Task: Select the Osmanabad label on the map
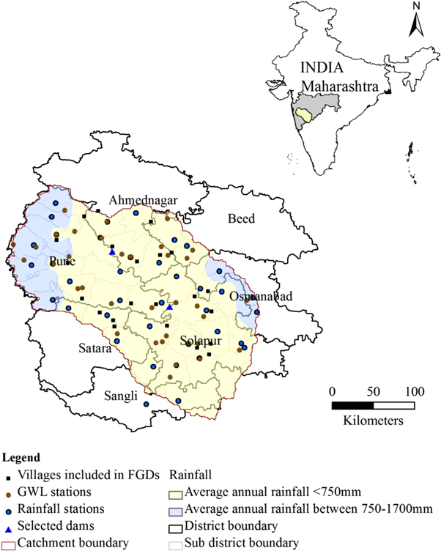coord(260,296)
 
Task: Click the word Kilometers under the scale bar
coord(374,421)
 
